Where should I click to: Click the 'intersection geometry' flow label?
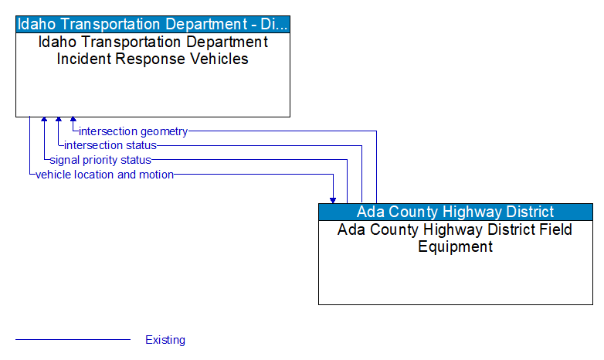coord(133,131)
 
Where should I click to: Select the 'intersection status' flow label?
coord(110,145)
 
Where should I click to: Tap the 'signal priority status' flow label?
coord(100,160)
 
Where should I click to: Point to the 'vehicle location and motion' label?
coord(104,175)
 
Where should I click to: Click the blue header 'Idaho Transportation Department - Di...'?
coord(153,23)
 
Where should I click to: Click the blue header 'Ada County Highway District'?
coord(455,212)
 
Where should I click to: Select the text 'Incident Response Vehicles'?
coord(153,59)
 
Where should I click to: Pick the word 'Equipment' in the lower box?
coord(455,247)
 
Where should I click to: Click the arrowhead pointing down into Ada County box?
coord(333,199)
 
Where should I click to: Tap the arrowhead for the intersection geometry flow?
coord(73,121)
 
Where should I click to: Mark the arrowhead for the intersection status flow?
coord(59,121)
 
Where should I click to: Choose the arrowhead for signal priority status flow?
coord(44,121)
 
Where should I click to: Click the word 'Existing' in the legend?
coord(165,340)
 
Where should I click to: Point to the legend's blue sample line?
coord(73,340)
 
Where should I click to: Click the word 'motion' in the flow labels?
coord(157,175)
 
